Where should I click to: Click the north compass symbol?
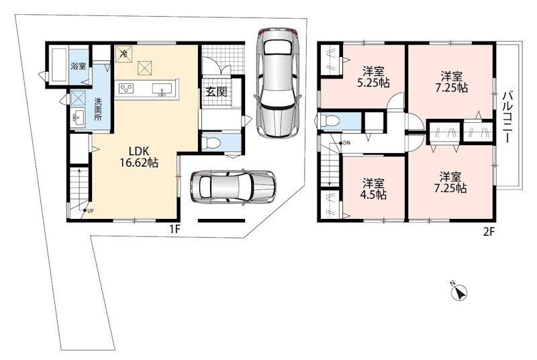click(459, 292)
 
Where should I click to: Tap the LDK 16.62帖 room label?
click(139, 156)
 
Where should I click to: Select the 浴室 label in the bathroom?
click(79, 66)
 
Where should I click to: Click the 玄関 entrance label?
click(217, 91)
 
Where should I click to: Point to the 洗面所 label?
click(98, 109)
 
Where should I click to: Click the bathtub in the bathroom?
click(59, 64)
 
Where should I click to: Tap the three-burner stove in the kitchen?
click(126, 89)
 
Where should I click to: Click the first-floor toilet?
click(210, 143)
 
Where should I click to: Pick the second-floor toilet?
click(329, 121)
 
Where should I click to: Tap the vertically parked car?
click(277, 83)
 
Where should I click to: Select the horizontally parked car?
click(233, 187)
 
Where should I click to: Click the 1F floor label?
click(175, 229)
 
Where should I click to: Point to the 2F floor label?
click(489, 232)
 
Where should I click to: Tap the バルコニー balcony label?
click(508, 117)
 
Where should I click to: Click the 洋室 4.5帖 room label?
click(374, 189)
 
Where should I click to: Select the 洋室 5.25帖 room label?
click(374, 77)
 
